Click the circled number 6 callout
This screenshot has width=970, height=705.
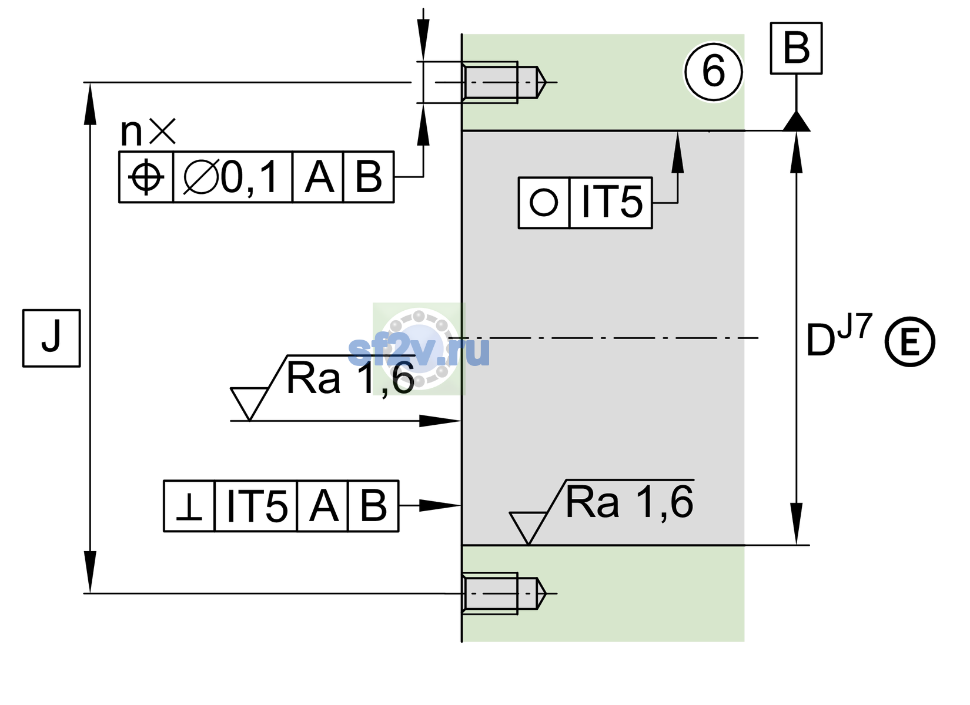coord(713,72)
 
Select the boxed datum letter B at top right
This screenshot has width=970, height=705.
coord(796,48)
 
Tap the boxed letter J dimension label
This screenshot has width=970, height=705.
coord(52,338)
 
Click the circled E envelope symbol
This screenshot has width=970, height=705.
coord(910,341)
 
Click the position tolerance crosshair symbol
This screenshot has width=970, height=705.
coord(146,177)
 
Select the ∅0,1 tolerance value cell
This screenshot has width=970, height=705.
coord(233,177)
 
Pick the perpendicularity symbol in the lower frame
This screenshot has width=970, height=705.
coord(189,506)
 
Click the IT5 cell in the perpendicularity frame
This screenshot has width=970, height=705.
coord(256,506)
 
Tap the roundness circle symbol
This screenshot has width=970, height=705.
coord(543,202)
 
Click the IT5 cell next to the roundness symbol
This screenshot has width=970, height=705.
coord(611,203)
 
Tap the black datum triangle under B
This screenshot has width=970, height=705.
coord(796,121)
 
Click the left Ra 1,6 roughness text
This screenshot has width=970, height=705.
coord(350,379)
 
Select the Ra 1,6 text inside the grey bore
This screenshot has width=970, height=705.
coord(629,502)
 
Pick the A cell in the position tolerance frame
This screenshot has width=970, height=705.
coord(318,177)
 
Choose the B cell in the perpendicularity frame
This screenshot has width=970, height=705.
coord(373,506)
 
